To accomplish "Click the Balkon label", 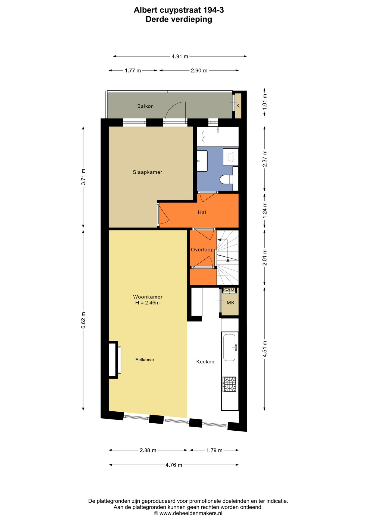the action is tap(145, 106).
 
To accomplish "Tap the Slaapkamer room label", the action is tap(148, 172).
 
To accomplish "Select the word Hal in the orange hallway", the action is tap(202, 212).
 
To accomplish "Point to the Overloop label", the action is tap(202, 250).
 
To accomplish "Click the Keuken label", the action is tap(205, 362).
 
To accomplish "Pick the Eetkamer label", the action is tap(145, 360).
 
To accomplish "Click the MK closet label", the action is tap(230, 303).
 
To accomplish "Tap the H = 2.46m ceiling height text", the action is tap(147, 303).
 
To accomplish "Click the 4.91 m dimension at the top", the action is tap(180, 56).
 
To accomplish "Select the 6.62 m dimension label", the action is tap(83, 320).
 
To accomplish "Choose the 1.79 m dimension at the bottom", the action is tap(214, 450).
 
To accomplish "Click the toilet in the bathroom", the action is tap(226, 179).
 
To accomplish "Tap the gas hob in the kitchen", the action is tap(230, 384).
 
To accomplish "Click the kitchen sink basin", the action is tap(229, 347).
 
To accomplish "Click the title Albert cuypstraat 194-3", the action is tap(179, 10).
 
